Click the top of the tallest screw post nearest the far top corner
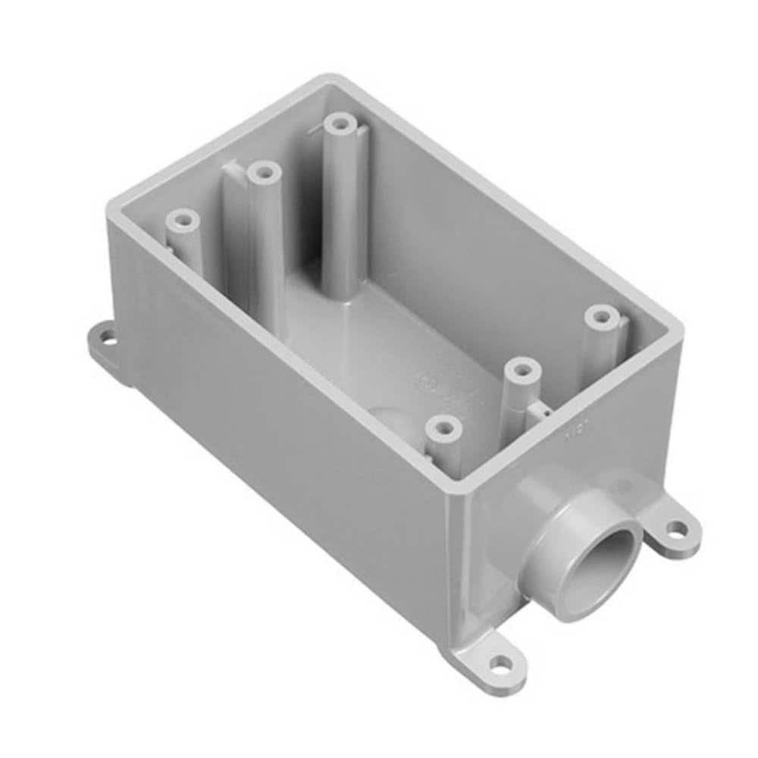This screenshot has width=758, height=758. (340, 124)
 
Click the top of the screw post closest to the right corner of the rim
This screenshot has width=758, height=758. (603, 316)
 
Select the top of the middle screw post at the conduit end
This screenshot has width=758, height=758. (523, 371)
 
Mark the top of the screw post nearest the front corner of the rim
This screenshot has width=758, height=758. (444, 429)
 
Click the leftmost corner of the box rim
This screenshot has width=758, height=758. (111, 203)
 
